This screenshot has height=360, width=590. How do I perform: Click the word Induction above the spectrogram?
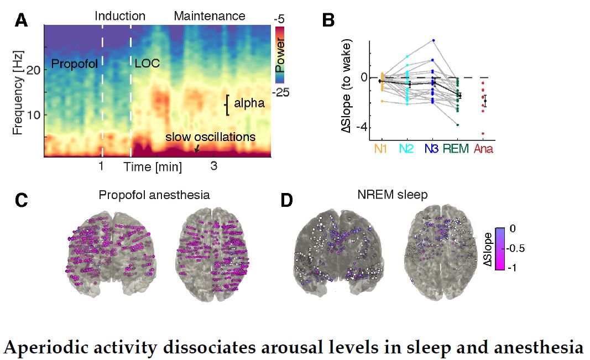coord(120,16)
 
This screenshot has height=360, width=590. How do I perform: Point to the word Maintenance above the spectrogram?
coord(209,16)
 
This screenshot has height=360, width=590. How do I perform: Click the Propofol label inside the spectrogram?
coord(74,64)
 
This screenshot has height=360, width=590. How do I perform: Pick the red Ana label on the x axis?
coord(485,149)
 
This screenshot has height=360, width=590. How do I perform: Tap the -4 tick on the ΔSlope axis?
coord(359,126)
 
